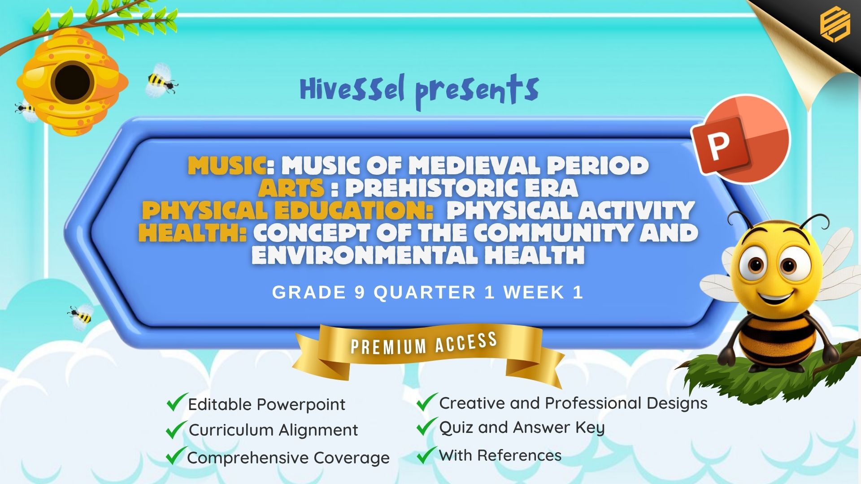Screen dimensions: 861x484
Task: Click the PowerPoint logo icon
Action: pyautogui.click(x=740, y=138)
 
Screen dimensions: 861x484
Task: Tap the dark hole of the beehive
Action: pyautogui.click(x=72, y=83)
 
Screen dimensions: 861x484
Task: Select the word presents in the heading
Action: pyautogui.click(x=477, y=92)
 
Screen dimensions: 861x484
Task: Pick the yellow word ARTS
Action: pyautogui.click(x=291, y=188)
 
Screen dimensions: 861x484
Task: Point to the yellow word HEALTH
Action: pyautogui.click(x=192, y=233)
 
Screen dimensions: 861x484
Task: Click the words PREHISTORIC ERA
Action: pyautogui.click(x=461, y=188)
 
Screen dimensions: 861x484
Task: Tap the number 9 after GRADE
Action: pyautogui.click(x=360, y=293)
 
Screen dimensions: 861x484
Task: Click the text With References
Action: pyautogui.click(x=500, y=455)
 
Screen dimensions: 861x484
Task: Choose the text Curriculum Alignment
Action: pyautogui.click(x=273, y=430)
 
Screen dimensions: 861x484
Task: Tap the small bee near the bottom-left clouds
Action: pyautogui.click(x=81, y=316)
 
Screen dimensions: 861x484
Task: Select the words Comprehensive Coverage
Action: pyautogui.click(x=288, y=458)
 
